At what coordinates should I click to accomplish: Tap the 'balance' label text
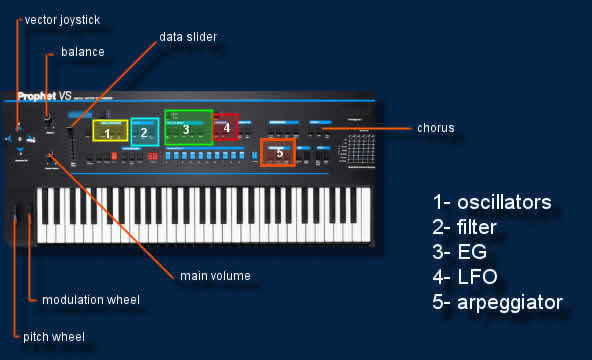[82, 51]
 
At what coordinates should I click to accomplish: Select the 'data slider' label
[188, 37]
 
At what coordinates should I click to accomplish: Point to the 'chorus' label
[435, 128]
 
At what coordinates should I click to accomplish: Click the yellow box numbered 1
[107, 131]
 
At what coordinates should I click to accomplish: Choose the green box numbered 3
[188, 128]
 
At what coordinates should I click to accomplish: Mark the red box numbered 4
[226, 127]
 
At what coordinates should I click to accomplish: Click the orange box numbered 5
[278, 152]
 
